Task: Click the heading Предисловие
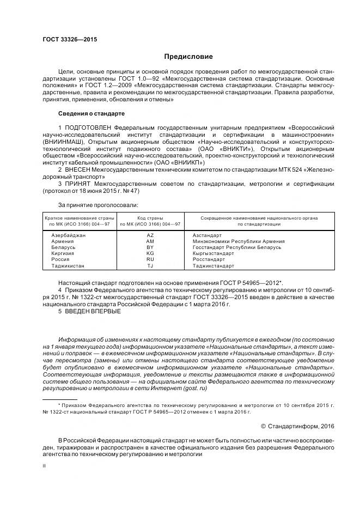click(188, 57)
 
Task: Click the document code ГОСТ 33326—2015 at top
click(66, 39)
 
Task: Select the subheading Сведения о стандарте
click(91, 113)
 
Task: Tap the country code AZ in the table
click(150, 235)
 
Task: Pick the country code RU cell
click(150, 260)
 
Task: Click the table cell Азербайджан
click(69, 235)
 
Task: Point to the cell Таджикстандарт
click(213, 266)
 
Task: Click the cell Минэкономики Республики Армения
click(239, 241)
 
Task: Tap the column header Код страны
click(150, 218)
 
